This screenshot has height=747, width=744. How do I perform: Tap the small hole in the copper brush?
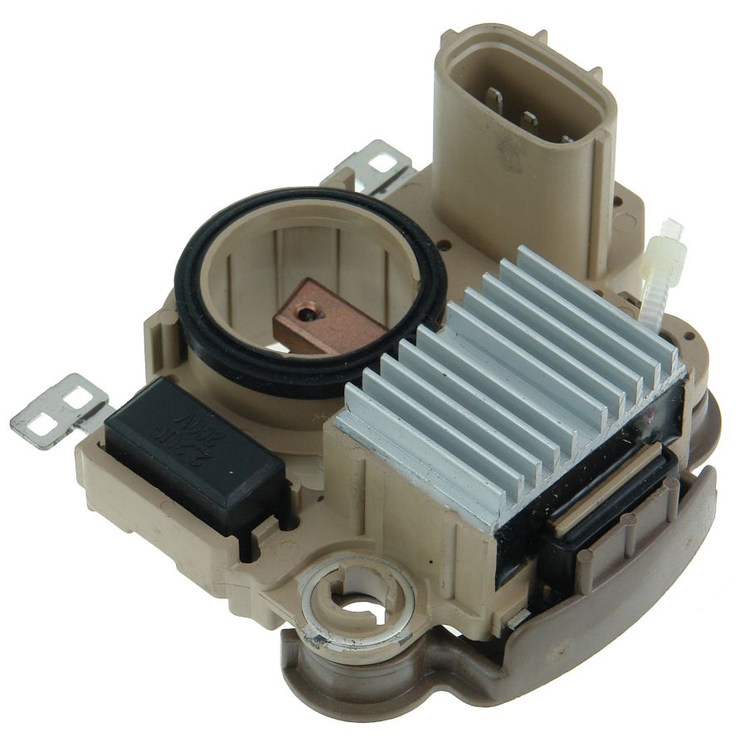[308, 313]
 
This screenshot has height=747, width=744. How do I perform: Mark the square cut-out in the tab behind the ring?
[382, 163]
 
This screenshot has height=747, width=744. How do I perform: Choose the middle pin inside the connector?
[529, 122]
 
